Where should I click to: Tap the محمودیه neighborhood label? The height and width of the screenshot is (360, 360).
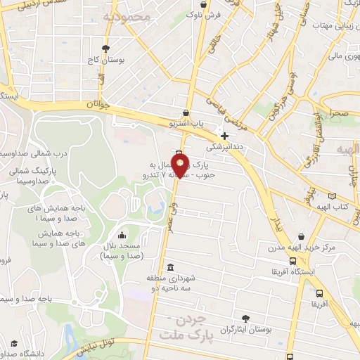pos(127,15)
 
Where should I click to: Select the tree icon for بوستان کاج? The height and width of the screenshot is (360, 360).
pos(105,49)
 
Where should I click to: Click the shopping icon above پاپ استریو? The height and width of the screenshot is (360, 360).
pos(186,112)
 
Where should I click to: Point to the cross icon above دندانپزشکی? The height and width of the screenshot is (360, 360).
pos(224,136)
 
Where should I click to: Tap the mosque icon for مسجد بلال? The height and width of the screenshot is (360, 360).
pos(123,236)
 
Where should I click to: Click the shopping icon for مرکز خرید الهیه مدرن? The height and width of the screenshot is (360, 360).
pos(302,236)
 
